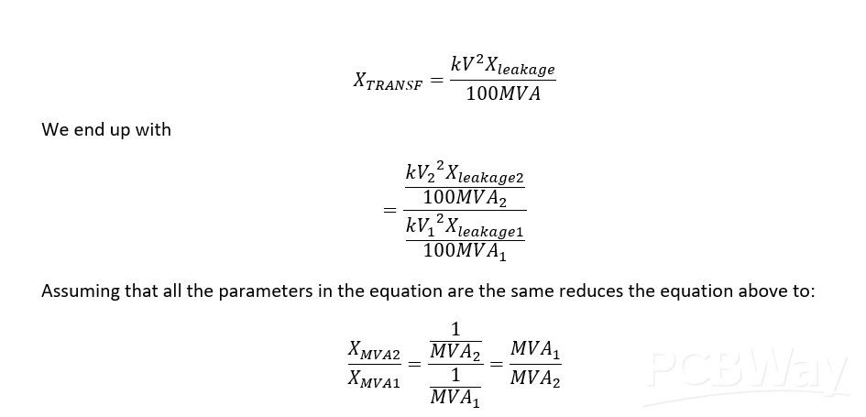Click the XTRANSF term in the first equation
point(388,82)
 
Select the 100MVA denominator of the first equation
point(503,94)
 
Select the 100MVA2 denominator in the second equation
point(465,197)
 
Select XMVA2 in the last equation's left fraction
point(375,350)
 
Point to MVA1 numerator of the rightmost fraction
point(535,349)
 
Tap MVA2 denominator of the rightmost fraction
point(535,379)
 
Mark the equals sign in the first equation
point(437,81)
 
